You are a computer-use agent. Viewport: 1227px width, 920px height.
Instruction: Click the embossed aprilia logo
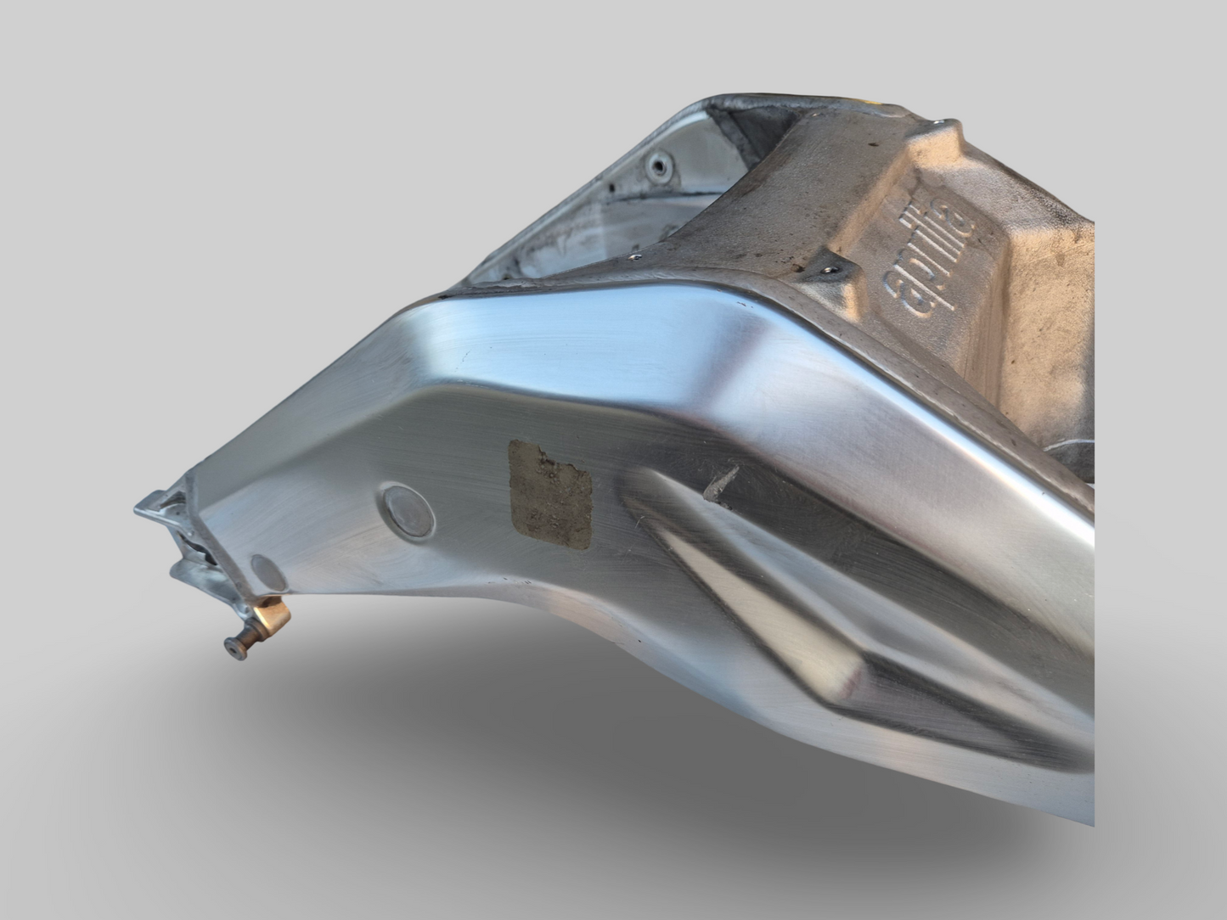tap(930, 257)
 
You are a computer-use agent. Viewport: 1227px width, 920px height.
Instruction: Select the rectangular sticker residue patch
tap(550, 494)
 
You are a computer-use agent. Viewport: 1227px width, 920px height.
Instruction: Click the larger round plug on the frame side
tap(408, 511)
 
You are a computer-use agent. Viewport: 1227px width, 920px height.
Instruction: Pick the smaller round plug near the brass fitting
tap(268, 573)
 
